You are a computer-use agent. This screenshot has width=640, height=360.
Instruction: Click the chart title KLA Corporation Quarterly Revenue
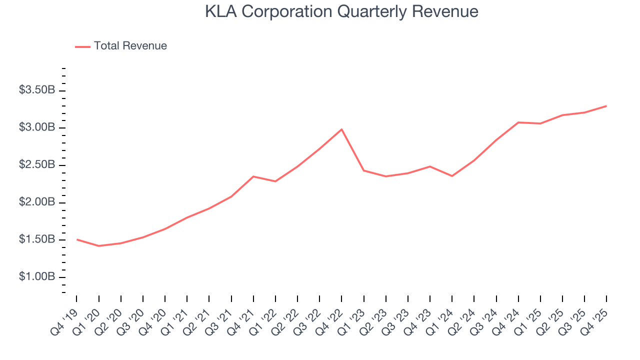point(341,11)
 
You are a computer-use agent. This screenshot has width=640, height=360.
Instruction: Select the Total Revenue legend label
point(130,46)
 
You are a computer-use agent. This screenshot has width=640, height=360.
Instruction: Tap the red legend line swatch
point(82,46)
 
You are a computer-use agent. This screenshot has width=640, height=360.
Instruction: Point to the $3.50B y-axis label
point(37,90)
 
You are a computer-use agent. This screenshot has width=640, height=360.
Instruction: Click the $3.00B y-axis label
point(37,128)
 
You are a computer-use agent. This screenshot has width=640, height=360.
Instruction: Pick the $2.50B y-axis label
point(37,165)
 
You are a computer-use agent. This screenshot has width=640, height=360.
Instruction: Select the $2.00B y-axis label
point(37,202)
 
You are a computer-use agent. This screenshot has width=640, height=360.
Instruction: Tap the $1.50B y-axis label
point(37,240)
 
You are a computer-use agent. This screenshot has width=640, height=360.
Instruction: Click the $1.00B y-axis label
point(37,277)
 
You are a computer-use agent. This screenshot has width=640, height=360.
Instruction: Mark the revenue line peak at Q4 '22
point(341,129)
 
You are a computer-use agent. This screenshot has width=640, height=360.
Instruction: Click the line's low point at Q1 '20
point(99,246)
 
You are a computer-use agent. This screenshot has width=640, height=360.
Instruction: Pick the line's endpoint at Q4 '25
point(606,106)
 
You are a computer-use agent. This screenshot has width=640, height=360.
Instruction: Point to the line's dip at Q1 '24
point(452,176)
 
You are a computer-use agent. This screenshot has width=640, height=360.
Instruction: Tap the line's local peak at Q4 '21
point(253,176)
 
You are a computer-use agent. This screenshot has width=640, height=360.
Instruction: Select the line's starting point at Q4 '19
point(77,239)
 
